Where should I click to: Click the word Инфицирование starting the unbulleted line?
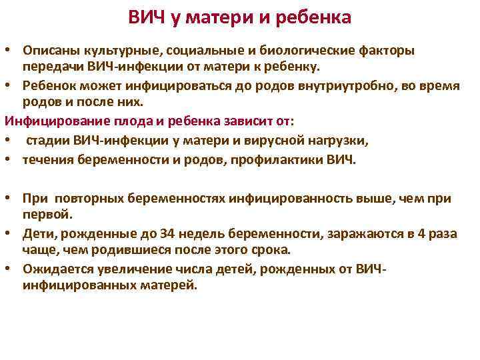46,121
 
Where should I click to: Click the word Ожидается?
53,268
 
